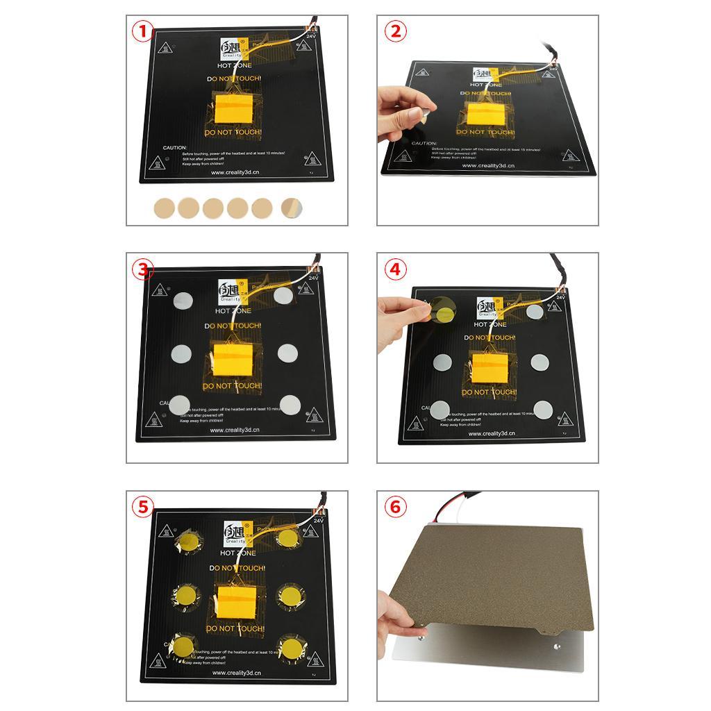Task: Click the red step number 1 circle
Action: [143, 31]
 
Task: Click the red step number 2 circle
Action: [395, 31]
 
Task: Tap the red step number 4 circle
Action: [395, 269]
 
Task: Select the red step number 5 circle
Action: [143, 507]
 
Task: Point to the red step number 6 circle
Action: [395, 507]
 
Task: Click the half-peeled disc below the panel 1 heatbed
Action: [291, 207]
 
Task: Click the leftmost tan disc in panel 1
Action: [165, 207]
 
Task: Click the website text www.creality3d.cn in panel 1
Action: [235, 173]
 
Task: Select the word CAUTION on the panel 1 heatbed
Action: [175, 148]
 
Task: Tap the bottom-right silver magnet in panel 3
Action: [290, 404]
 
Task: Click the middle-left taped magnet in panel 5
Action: [185, 595]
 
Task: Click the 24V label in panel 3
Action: [313, 278]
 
